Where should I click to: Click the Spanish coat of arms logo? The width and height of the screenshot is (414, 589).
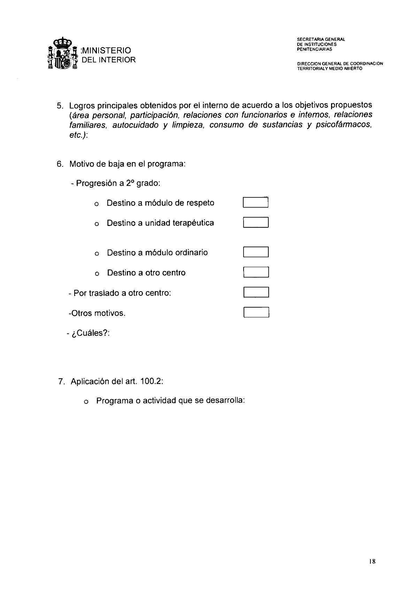point(62,55)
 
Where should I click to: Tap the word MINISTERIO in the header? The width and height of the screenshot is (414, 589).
point(107,51)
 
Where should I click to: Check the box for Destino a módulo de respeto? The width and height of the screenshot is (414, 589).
point(255,203)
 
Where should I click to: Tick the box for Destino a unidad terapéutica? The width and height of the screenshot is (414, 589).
point(255,222)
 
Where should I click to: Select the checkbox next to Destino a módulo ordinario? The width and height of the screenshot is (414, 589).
point(255,252)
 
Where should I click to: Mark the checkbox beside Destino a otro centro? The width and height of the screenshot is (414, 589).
point(255,272)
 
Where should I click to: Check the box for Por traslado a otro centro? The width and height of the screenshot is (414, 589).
point(256,292)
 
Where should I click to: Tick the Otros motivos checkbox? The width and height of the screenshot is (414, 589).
point(256,312)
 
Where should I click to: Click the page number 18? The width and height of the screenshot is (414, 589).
point(372,561)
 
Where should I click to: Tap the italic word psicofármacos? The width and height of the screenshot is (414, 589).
point(343,125)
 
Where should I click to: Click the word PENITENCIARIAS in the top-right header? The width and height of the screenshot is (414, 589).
point(314,49)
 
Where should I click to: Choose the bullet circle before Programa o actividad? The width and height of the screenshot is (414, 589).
point(86,402)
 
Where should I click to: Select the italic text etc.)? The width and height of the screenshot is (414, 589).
point(78,135)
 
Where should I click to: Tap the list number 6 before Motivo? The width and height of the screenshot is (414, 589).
point(59,164)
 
